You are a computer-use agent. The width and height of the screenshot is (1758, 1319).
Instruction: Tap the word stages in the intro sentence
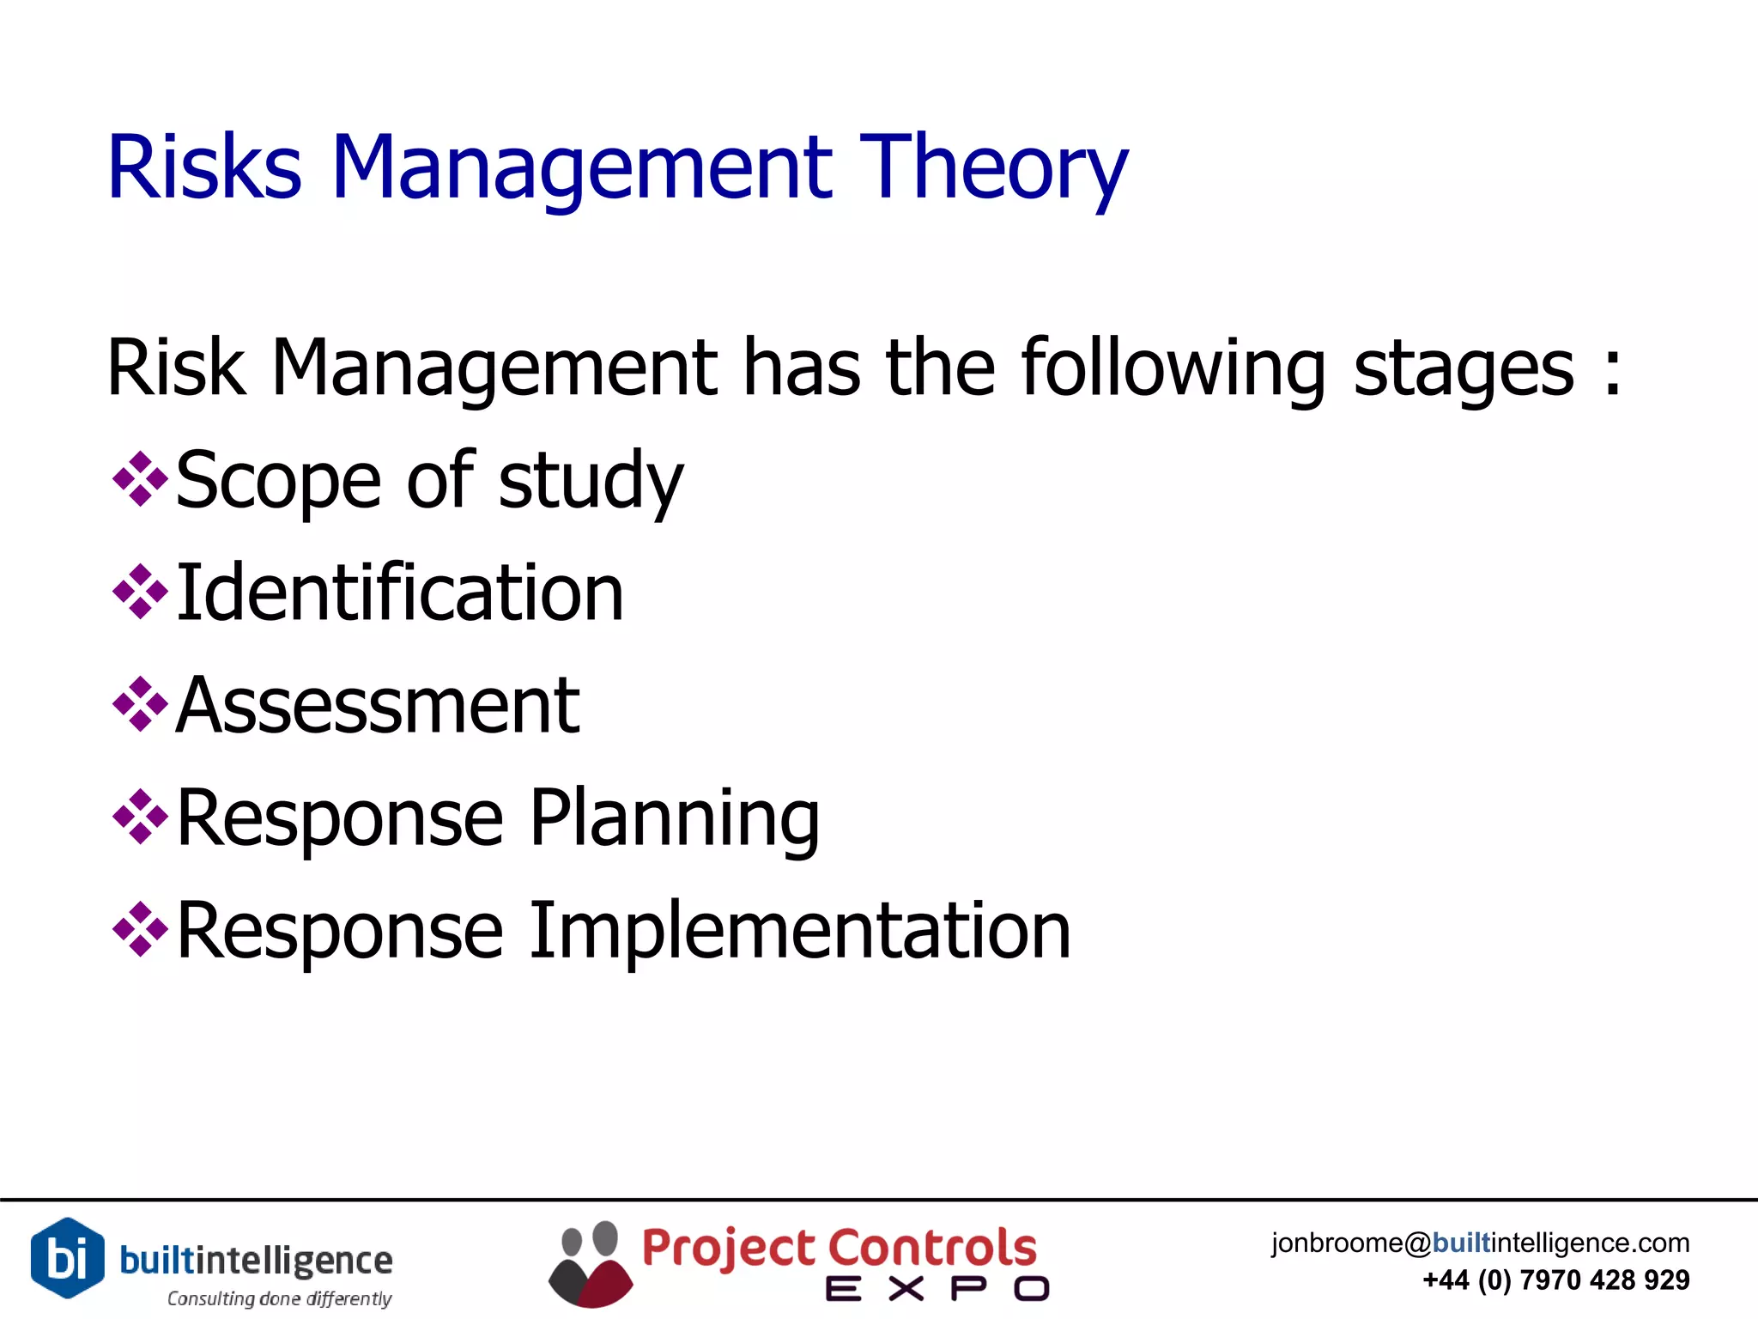click(1464, 369)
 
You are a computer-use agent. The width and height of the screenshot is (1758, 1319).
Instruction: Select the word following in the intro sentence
click(1173, 369)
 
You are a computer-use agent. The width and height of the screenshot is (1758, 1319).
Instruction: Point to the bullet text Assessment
click(378, 706)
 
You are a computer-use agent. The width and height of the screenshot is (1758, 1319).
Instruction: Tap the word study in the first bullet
click(591, 481)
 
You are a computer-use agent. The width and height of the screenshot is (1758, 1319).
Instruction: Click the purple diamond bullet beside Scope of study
click(140, 479)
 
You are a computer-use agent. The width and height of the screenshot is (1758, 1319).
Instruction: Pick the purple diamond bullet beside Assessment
click(140, 705)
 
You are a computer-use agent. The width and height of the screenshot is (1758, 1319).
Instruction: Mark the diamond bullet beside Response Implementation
click(140, 930)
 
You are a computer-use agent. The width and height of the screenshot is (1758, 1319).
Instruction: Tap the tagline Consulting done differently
click(279, 1298)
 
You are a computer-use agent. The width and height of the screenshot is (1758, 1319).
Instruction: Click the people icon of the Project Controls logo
click(590, 1264)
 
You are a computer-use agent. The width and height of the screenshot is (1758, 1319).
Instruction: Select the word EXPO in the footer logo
click(937, 1289)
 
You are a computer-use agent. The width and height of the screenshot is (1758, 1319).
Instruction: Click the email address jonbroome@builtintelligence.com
click(1480, 1243)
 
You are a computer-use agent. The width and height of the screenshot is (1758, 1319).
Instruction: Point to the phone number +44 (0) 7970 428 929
click(1555, 1280)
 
